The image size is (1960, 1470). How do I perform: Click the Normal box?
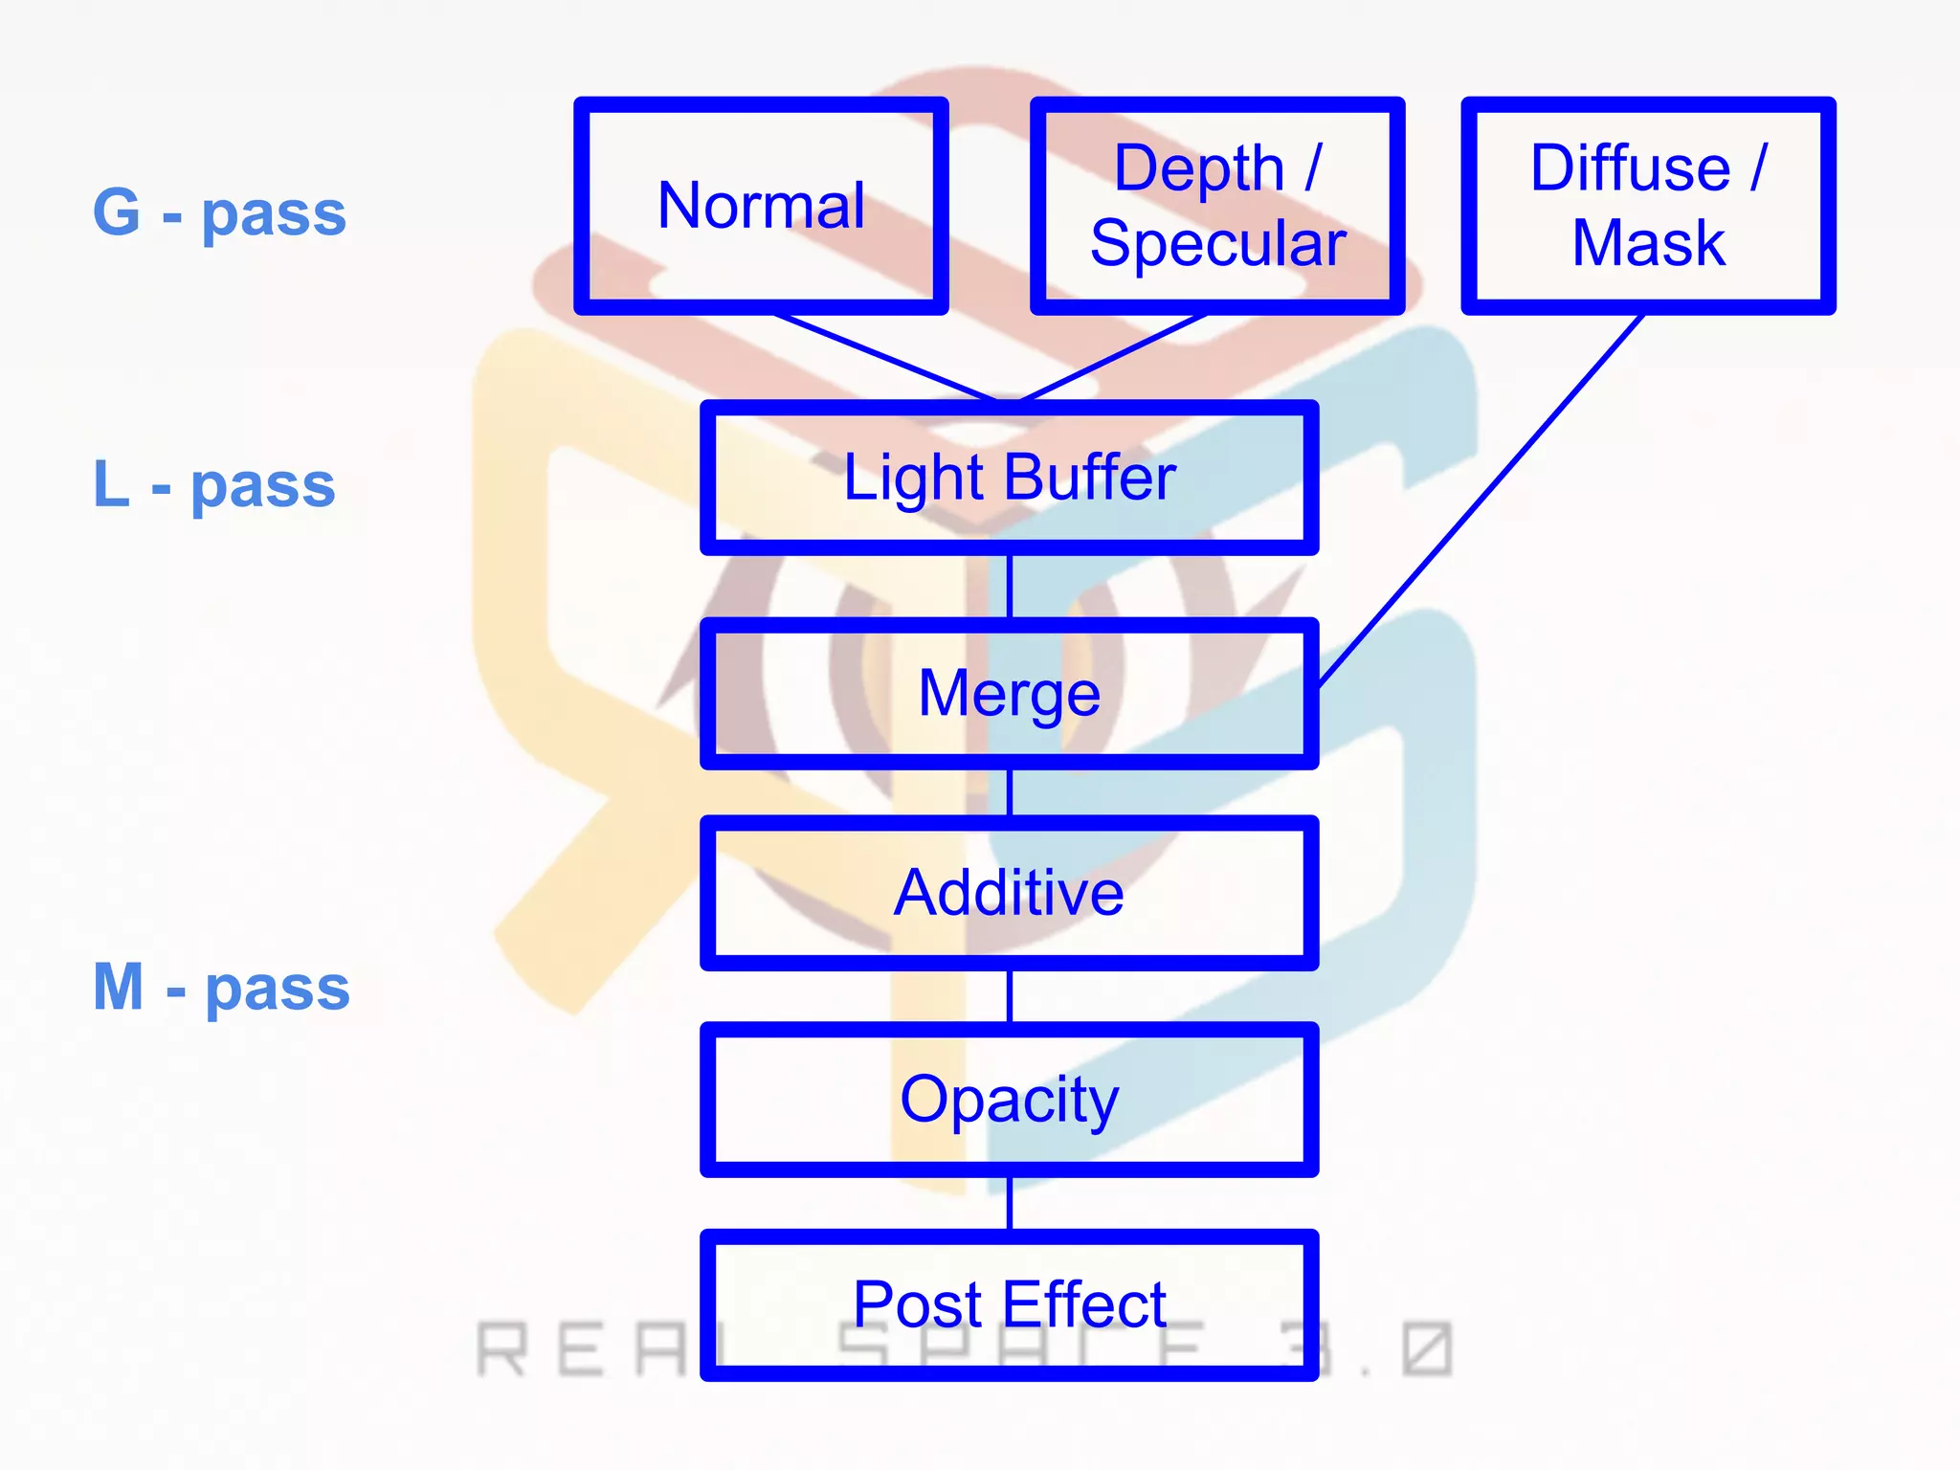click(x=761, y=206)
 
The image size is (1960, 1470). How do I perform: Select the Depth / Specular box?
click(x=1217, y=206)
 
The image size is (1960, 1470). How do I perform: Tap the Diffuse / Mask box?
click(x=1648, y=206)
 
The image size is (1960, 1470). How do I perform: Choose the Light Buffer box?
click(x=1010, y=478)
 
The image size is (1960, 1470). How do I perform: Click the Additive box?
click(x=1010, y=893)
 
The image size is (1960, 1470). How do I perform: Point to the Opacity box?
click(x=1010, y=1100)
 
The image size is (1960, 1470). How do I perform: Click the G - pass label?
click(x=219, y=212)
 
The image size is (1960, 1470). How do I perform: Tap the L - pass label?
click(x=214, y=484)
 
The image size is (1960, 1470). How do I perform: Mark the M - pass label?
click(x=221, y=987)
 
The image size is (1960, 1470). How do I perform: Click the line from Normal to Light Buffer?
click(x=885, y=357)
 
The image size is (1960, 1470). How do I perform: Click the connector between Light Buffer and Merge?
click(x=1010, y=587)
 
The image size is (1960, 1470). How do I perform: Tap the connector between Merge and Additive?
click(x=1010, y=792)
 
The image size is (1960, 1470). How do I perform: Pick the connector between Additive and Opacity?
click(x=1010, y=996)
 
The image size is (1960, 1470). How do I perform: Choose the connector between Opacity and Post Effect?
click(x=1010, y=1203)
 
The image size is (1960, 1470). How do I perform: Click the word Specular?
click(x=1217, y=244)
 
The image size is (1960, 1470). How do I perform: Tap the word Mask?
click(x=1648, y=243)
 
